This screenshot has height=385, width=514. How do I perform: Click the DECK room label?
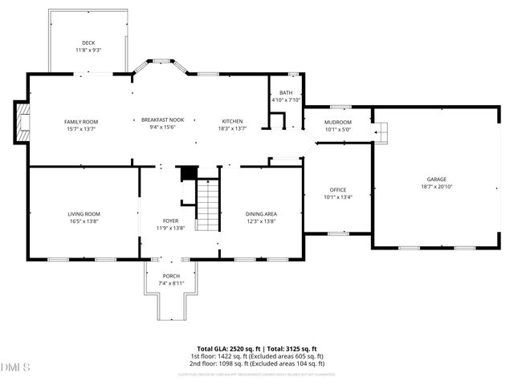(88, 43)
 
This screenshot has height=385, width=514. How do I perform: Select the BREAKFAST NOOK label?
(163, 120)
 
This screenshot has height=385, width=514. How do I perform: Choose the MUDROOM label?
(337, 121)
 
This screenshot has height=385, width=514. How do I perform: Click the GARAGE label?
(436, 179)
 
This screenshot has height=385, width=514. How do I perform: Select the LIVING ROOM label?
(84, 213)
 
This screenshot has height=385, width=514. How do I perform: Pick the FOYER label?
(170, 220)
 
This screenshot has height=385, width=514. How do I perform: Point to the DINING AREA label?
(261, 213)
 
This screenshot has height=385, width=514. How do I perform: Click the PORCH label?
(170, 276)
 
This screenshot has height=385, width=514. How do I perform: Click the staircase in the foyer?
(208, 205)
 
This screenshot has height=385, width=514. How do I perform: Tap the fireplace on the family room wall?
(22, 123)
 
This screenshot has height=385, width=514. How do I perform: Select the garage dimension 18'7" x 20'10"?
(436, 186)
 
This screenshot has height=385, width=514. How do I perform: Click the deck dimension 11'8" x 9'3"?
(88, 50)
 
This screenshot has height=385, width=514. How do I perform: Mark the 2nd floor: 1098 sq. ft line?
(257, 363)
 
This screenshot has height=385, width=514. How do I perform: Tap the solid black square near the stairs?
(189, 174)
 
